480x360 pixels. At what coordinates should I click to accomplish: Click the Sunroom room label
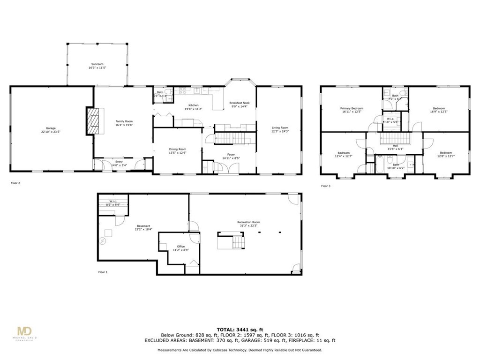pos(97,66)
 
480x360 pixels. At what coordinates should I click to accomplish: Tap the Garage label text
pos(51,130)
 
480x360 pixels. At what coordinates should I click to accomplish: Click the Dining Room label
pos(178,150)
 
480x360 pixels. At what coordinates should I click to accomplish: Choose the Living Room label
pos(280,129)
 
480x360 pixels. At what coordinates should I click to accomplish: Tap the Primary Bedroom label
pos(352,110)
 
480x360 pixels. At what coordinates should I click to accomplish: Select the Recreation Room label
pos(248,224)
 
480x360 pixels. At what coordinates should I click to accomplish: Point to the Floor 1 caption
pos(103,272)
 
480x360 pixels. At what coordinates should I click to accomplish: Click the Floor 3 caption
pos(325,186)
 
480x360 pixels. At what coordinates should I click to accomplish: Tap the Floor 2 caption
pos(15,183)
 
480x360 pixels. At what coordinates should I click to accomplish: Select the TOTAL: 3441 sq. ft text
pos(240,330)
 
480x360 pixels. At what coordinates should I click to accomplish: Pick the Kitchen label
pos(194,106)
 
